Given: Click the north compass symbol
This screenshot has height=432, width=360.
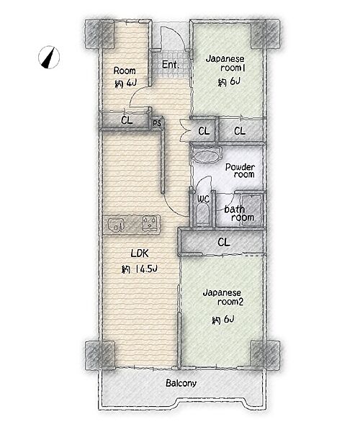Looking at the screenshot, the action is click(49, 57).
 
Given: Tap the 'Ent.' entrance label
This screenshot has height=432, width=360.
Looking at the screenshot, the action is click(170, 65).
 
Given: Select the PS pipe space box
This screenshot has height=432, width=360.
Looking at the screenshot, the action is click(157, 123).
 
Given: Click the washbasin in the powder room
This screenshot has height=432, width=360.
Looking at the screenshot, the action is click(206, 156).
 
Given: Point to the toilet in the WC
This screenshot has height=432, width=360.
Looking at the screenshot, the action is click(203, 214).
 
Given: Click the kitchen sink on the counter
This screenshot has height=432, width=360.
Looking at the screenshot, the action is click(117, 223).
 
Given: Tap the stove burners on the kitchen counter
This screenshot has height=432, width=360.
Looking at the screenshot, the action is click(150, 222).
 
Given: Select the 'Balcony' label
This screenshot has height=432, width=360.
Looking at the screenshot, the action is click(181, 383).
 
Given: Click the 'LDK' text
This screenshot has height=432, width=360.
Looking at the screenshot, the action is click(140, 253).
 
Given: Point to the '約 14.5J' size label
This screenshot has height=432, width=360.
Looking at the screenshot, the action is click(139, 269).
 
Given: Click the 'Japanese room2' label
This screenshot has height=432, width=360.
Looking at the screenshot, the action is click(222, 297).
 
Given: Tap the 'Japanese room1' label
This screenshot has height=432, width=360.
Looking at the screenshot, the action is click(225, 63).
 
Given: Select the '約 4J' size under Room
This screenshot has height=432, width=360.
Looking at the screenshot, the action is click(125, 84).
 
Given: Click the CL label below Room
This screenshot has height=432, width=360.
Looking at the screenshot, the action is click(127, 120).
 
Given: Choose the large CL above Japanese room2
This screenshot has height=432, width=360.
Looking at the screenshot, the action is click(224, 243).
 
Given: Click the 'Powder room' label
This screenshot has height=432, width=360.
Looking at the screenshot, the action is click(240, 171).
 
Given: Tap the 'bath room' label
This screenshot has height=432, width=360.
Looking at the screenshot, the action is click(239, 213).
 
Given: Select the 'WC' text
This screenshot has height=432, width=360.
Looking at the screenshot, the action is click(203, 199).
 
